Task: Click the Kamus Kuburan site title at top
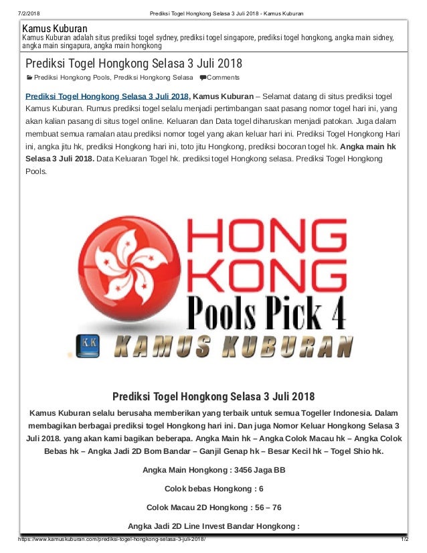click(x=55, y=29)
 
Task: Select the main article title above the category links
click(x=133, y=64)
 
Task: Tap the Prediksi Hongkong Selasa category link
click(x=156, y=78)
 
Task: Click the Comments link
click(x=224, y=78)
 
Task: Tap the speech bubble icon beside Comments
click(x=203, y=78)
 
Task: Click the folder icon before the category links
click(x=29, y=78)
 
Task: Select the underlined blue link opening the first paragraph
click(x=107, y=96)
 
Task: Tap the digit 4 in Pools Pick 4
click(x=331, y=312)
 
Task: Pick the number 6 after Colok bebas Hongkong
click(x=260, y=489)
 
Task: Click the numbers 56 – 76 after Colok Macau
click(x=263, y=507)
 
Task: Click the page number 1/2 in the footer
click(x=404, y=539)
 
